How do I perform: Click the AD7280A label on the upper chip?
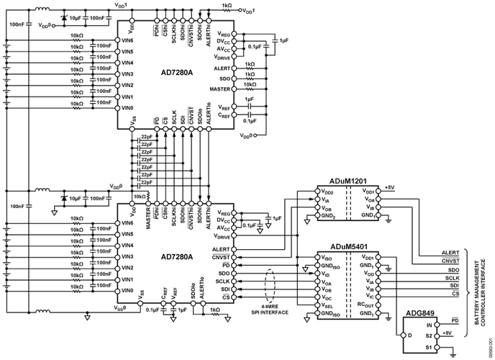(x=176, y=72)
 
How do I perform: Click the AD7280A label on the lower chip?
(x=176, y=256)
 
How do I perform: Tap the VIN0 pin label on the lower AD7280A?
(x=128, y=290)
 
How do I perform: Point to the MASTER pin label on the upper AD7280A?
(x=219, y=89)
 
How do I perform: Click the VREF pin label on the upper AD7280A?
(x=224, y=105)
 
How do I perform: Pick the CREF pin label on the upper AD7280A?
(x=224, y=115)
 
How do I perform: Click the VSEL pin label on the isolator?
(x=327, y=303)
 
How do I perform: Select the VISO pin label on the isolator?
(x=327, y=257)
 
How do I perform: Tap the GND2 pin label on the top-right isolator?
(x=327, y=215)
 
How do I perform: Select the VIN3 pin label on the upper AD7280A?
(x=128, y=74)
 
